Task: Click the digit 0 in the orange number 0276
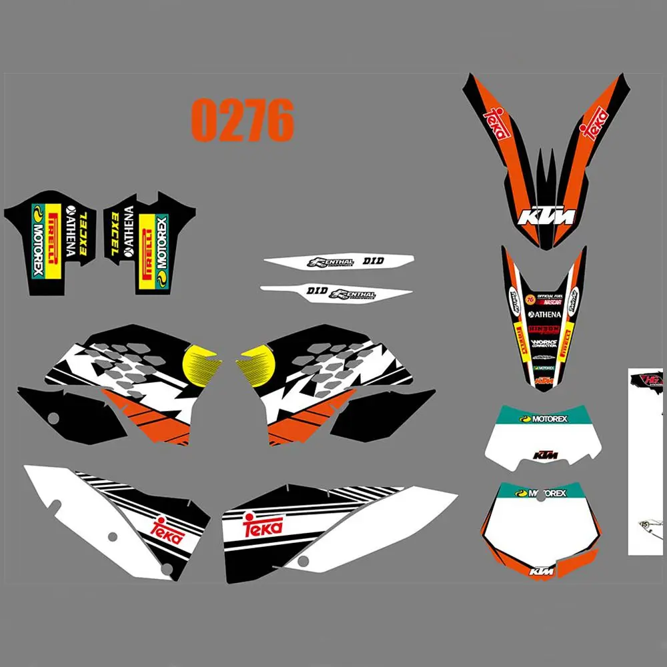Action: pyautogui.click(x=204, y=120)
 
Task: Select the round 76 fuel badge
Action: pyautogui.click(x=530, y=297)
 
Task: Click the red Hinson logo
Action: pyautogui.click(x=544, y=329)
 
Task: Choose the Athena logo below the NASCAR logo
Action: pyautogui.click(x=545, y=314)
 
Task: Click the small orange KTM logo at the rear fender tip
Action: pyautogui.click(x=546, y=380)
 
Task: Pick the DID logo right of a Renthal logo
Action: pyautogui.click(x=374, y=261)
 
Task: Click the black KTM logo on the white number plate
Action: pyautogui.click(x=546, y=456)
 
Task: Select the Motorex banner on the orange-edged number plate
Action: pyautogui.click(x=544, y=494)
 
